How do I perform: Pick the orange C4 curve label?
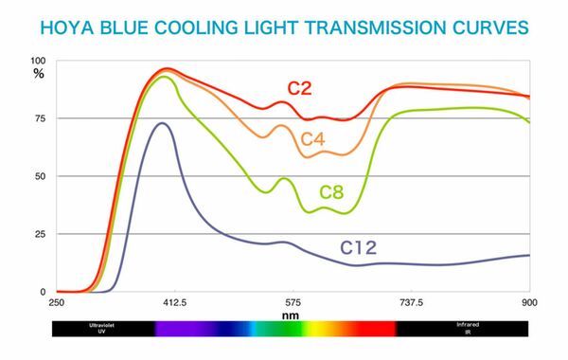(x=313, y=140)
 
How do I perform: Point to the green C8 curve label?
(x=330, y=192)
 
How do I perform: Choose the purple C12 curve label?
(x=359, y=248)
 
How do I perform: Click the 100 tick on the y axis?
(x=38, y=61)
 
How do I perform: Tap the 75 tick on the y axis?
(x=40, y=118)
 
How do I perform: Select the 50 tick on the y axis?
(x=40, y=176)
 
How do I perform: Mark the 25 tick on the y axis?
(x=40, y=234)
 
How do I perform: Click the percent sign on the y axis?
(x=39, y=72)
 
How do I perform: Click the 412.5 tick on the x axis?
(x=174, y=302)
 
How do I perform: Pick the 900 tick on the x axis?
(x=529, y=302)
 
